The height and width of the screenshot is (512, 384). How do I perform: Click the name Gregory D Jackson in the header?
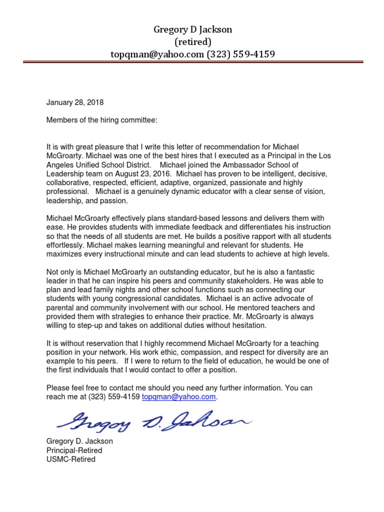(192, 30)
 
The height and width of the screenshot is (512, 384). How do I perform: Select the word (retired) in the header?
(192, 41)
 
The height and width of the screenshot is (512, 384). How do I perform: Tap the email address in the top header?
(157, 53)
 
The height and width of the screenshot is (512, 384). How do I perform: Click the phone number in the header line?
(241, 53)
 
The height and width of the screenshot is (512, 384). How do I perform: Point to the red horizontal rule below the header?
(192, 62)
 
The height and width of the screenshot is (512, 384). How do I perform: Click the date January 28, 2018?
(75, 102)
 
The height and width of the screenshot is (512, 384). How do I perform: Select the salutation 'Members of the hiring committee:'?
(101, 120)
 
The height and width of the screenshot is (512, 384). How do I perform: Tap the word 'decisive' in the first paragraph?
(311, 173)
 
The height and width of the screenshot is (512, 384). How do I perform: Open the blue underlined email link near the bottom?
(179, 396)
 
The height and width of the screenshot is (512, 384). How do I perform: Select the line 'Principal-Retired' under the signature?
(74, 450)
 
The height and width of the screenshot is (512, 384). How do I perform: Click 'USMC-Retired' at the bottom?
(70, 459)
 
